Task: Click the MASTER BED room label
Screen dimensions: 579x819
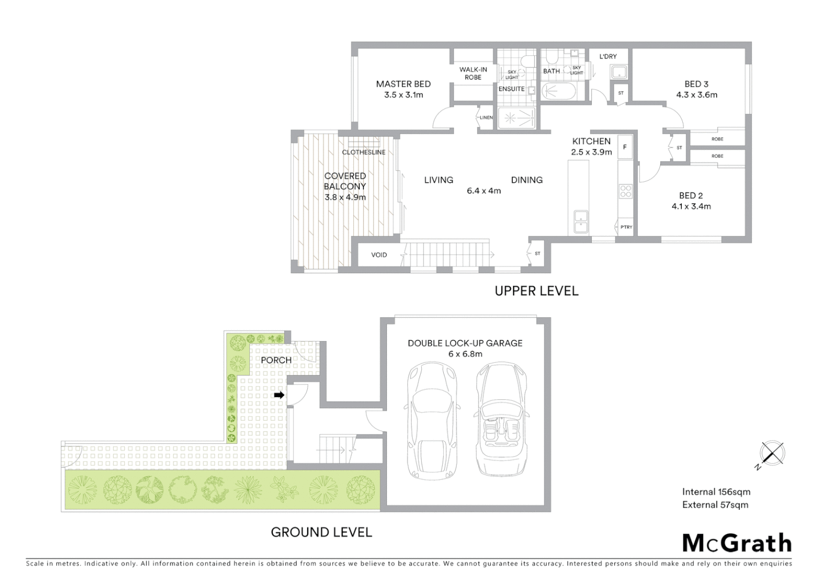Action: (403, 84)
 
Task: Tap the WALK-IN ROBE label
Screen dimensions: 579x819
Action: (473, 73)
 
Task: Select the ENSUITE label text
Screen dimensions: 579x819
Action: (511, 89)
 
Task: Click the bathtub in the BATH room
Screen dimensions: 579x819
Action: (559, 92)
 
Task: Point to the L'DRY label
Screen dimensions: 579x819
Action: (608, 56)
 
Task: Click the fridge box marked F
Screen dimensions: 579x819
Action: (624, 147)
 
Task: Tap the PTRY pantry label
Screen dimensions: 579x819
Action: (626, 227)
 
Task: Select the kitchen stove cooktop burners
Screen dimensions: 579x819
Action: (626, 191)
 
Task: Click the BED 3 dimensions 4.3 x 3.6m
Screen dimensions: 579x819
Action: (696, 95)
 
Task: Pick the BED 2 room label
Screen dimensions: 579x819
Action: (691, 196)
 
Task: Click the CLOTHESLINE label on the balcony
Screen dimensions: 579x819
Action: (363, 152)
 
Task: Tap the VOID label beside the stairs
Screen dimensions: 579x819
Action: (379, 255)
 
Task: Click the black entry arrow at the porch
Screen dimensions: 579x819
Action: (279, 395)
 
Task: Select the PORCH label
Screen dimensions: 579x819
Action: (276, 360)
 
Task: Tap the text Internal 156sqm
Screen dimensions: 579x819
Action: (716, 492)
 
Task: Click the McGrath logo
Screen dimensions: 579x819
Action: (736, 543)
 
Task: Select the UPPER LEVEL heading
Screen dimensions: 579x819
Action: (536, 291)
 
